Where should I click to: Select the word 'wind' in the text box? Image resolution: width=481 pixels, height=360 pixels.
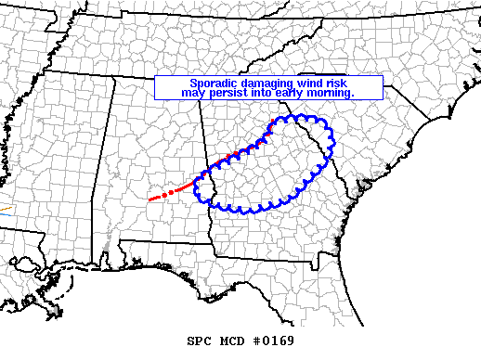(x=294, y=83)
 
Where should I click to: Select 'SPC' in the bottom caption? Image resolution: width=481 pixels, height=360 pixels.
(x=200, y=341)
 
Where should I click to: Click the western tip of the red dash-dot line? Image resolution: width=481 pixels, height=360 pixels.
(x=150, y=199)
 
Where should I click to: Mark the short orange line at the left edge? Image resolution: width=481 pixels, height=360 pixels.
(x=4, y=210)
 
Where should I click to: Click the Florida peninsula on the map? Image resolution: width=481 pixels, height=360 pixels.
(x=367, y=306)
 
